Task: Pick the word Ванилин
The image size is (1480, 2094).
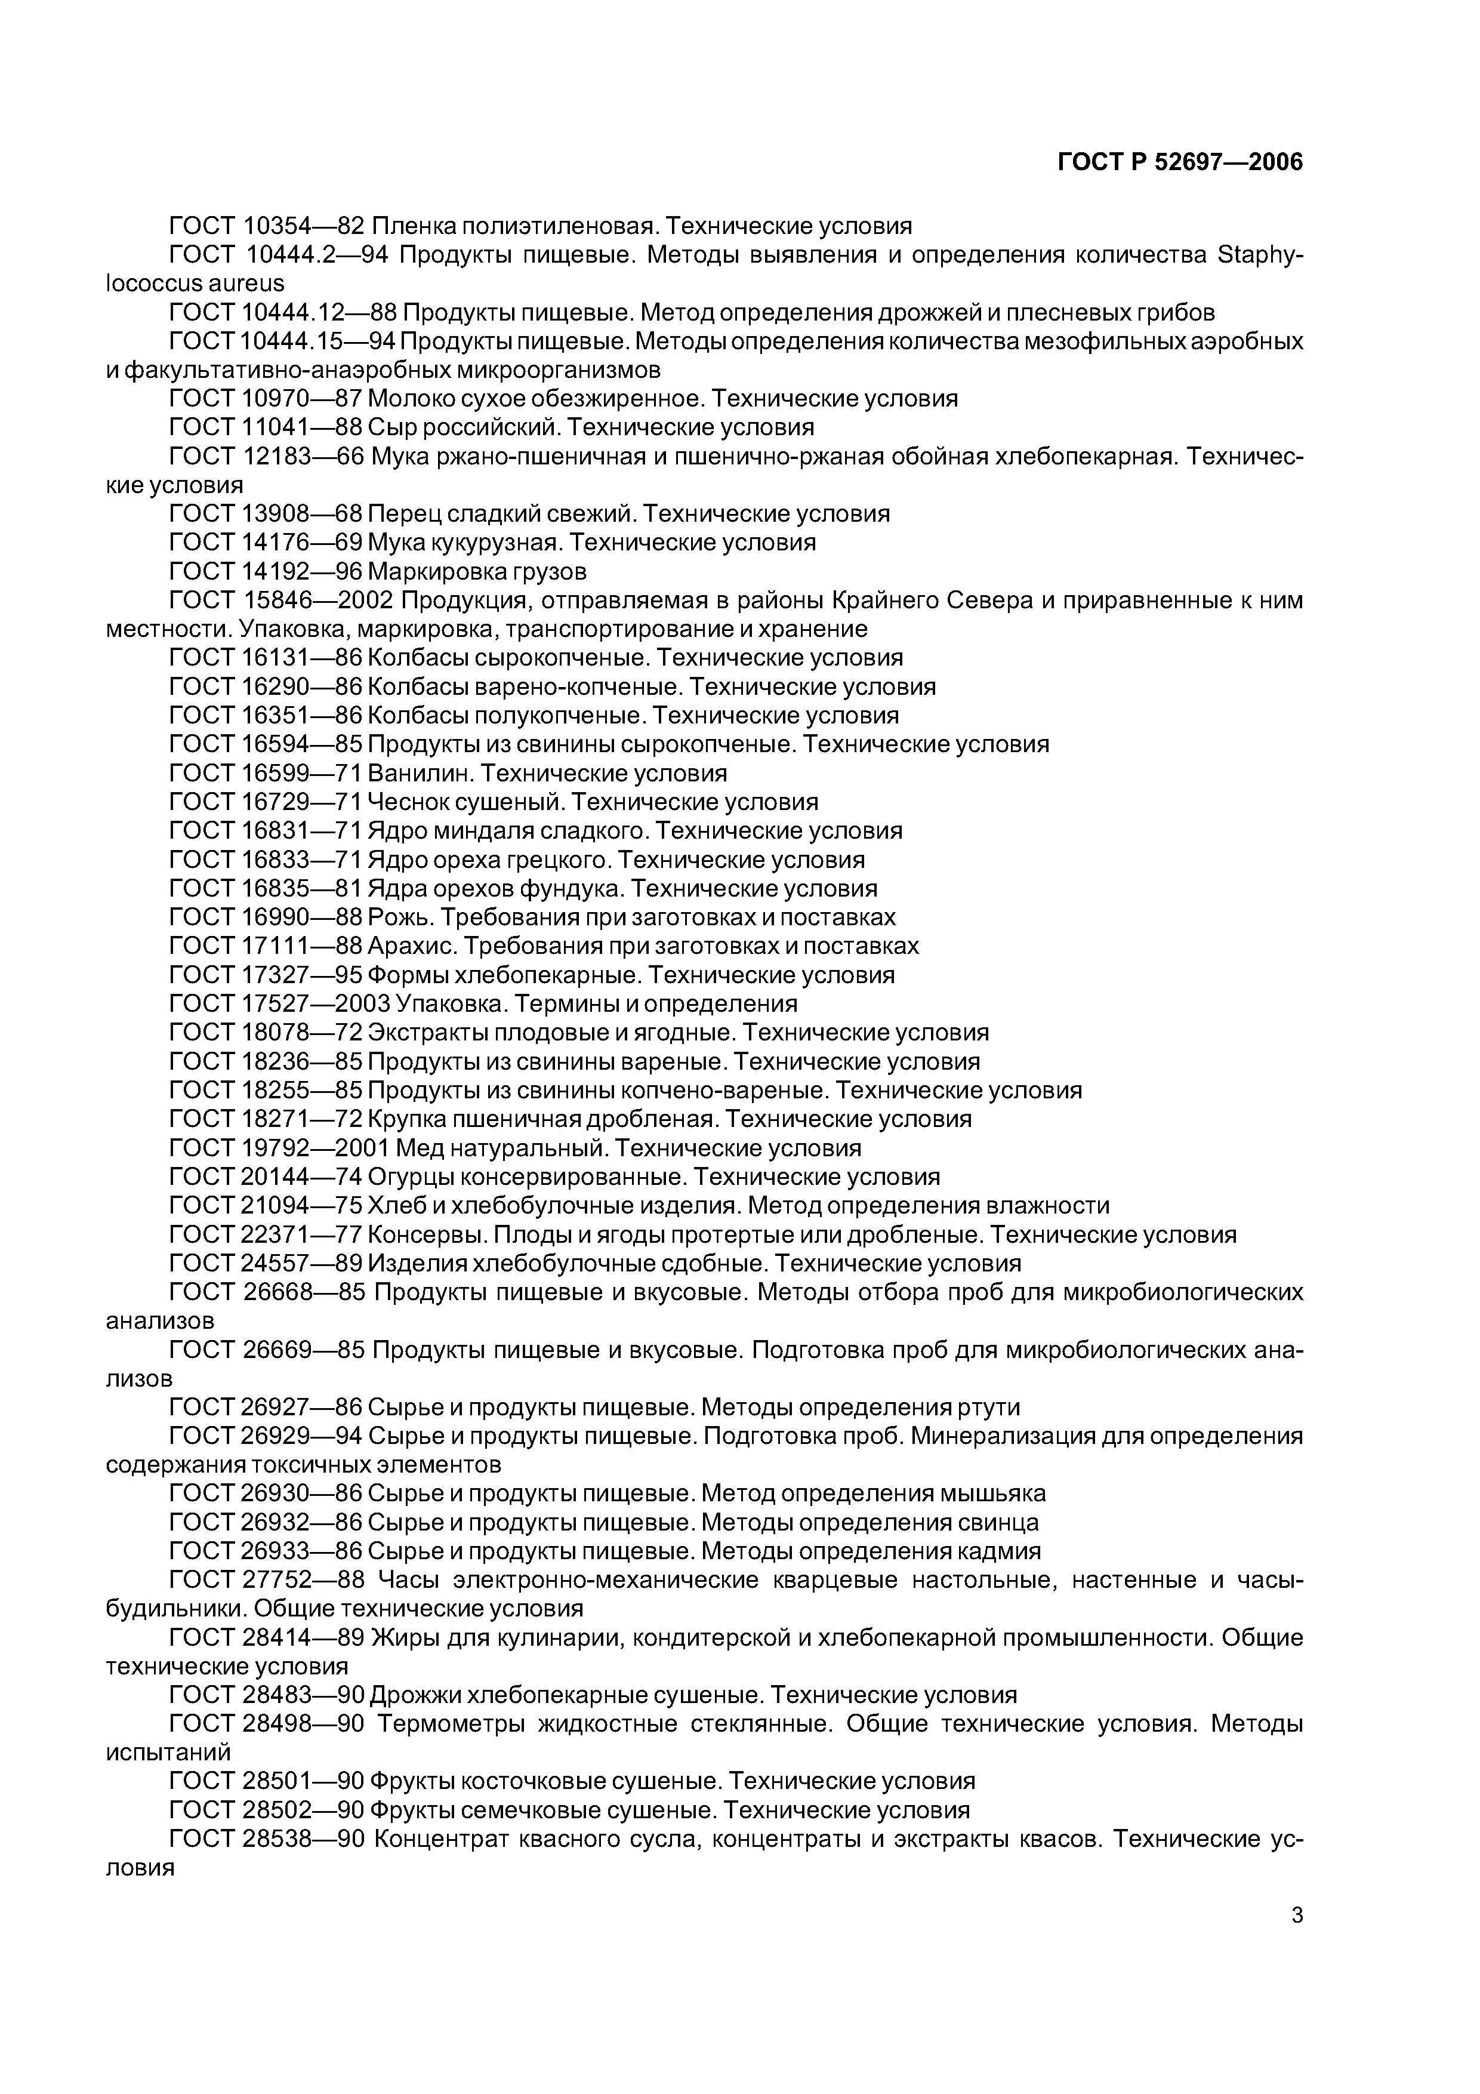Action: pyautogui.click(x=420, y=774)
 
